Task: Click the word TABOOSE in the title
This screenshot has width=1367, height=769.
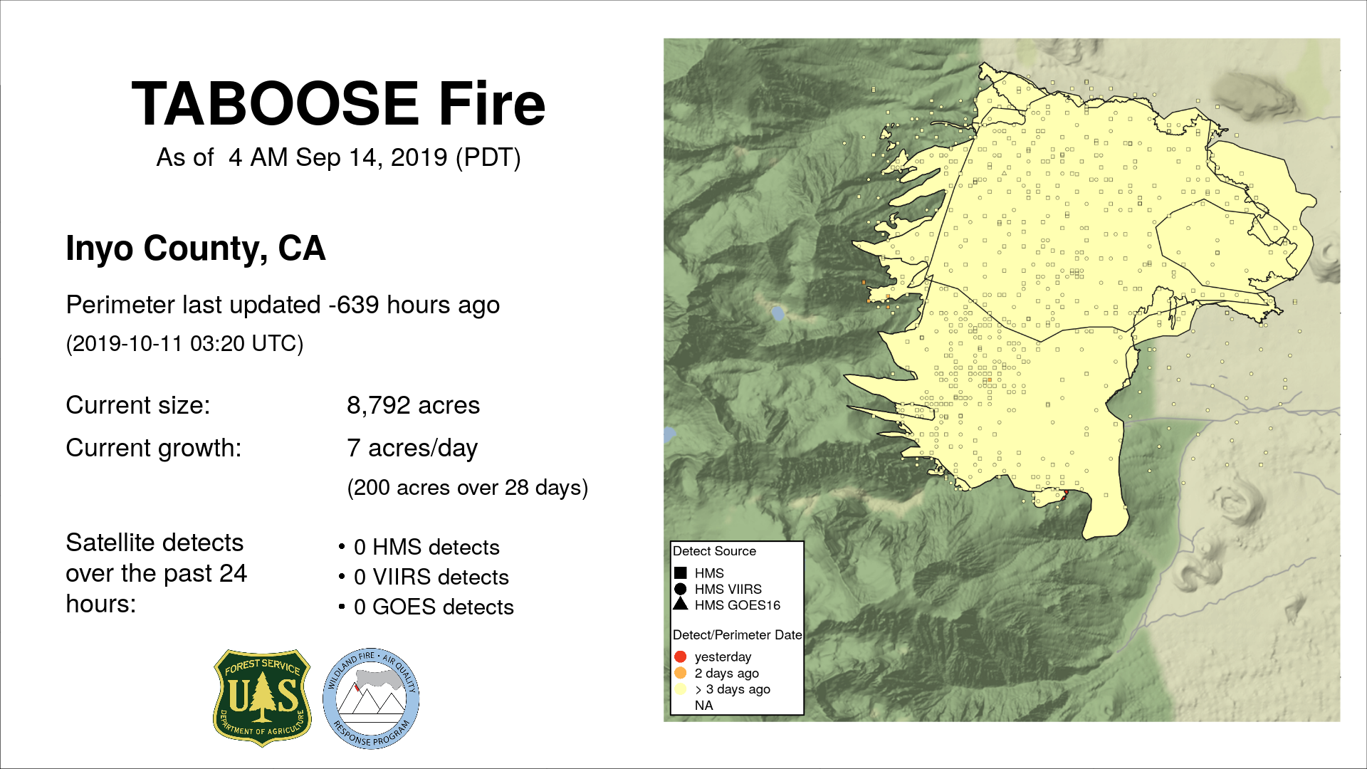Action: click(276, 104)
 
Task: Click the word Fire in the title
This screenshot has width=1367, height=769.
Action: click(492, 104)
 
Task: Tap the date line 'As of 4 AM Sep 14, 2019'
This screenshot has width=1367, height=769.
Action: click(338, 157)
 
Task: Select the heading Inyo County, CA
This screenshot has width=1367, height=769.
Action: click(196, 249)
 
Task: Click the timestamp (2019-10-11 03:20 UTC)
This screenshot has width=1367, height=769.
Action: click(184, 344)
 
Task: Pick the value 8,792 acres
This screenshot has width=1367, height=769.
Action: click(413, 405)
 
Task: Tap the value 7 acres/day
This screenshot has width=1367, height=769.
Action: click(412, 449)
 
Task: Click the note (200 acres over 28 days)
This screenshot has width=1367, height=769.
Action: click(467, 488)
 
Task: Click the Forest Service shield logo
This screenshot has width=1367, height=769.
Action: click(262, 698)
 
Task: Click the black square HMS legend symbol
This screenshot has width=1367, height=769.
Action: click(680, 572)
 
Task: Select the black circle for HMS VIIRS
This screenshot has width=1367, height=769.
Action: click(680, 589)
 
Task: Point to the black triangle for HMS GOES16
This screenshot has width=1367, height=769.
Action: click(680, 604)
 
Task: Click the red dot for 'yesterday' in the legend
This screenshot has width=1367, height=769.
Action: click(680, 656)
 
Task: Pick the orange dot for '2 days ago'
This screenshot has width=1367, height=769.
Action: click(680, 673)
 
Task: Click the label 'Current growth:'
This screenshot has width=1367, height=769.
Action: click(154, 449)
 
